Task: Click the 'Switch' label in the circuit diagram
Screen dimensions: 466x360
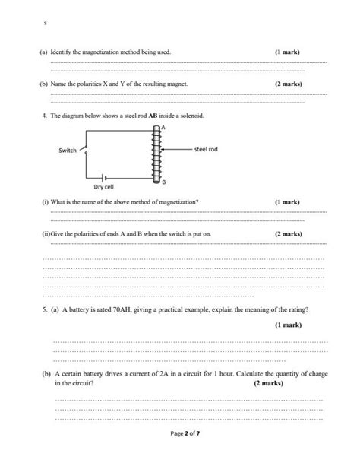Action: (x=68, y=151)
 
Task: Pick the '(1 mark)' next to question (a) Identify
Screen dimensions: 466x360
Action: (x=287, y=52)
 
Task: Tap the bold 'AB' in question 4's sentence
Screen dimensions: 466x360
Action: (x=154, y=116)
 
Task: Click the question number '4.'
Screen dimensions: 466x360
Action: (x=46, y=116)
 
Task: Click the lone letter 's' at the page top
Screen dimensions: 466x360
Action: (x=46, y=23)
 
